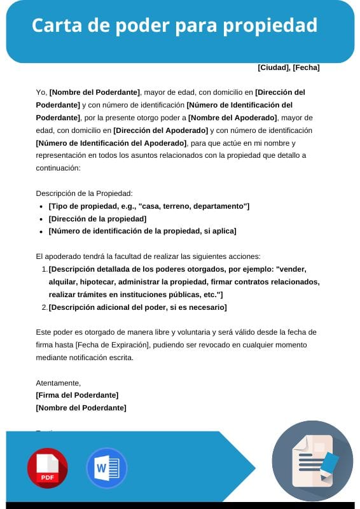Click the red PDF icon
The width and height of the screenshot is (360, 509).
point(47,468)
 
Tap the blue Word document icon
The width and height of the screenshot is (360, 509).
point(106,468)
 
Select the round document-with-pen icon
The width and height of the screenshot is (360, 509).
point(312,461)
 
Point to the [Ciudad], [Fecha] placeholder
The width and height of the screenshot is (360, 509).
point(288,67)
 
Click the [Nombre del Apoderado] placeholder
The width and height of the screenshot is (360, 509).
point(233,118)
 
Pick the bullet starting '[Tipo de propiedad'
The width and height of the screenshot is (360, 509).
point(149,206)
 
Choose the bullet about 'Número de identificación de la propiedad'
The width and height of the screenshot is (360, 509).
point(142,231)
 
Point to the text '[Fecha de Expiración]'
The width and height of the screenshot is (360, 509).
point(112,345)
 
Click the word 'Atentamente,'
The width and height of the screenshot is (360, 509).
point(59,383)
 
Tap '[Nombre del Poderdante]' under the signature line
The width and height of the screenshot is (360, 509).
point(81,408)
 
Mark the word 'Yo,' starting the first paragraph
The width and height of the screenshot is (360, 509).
point(41,92)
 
